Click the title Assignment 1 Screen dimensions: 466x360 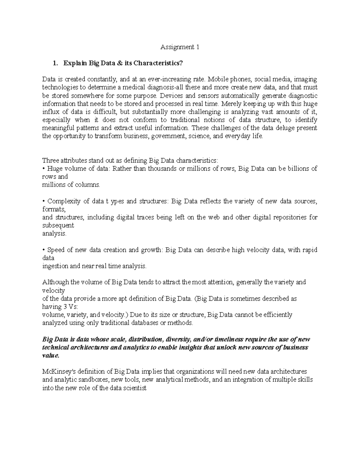(x=180, y=47)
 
